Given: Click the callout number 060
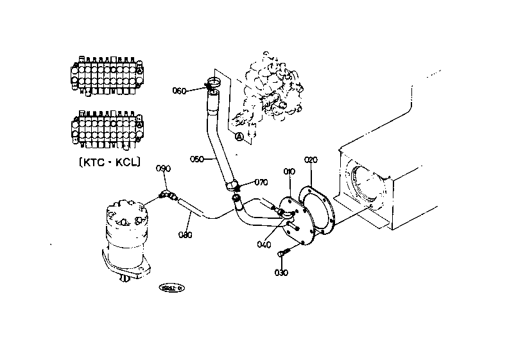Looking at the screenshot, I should click(179, 90).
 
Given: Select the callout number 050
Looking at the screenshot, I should click(197, 157).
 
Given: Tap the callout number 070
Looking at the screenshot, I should click(261, 182).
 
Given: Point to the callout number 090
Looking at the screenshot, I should click(164, 169).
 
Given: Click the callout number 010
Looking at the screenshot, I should click(289, 171).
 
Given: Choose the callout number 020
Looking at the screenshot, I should click(311, 159).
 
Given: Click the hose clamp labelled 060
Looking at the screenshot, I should click(213, 83).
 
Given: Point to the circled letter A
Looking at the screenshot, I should click(239, 136).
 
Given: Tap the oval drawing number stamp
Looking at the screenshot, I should click(172, 288).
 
